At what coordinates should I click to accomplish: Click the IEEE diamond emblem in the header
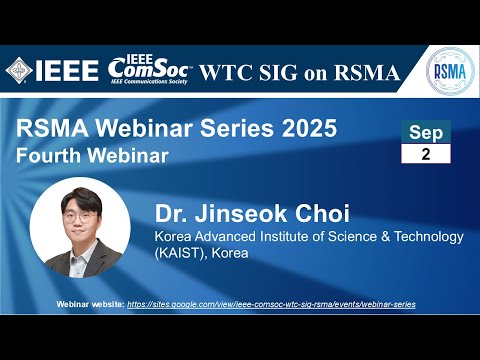19,71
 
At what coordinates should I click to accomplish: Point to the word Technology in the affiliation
421,237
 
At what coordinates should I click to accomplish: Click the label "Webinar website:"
93,303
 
